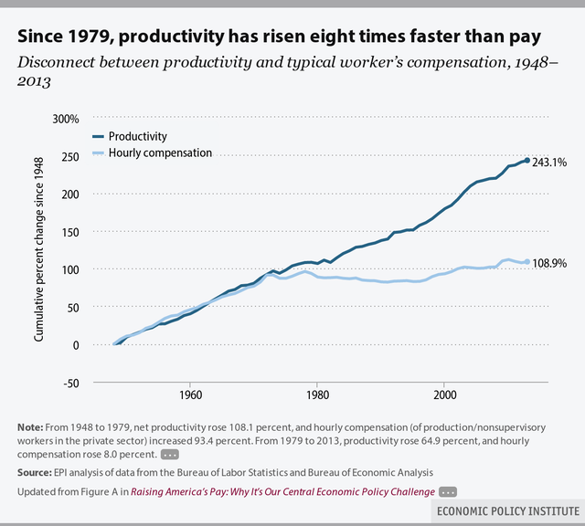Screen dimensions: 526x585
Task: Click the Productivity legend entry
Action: [137, 136]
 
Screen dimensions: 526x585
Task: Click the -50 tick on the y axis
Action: [70, 382]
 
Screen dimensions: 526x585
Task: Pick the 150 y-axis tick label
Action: [71, 232]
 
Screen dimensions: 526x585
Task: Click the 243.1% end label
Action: [549, 163]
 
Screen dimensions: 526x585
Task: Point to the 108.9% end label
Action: [549, 262]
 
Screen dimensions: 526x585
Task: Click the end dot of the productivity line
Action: [527, 161]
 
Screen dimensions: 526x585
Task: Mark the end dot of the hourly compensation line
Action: [527, 262]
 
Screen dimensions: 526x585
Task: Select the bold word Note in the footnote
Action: [29, 428]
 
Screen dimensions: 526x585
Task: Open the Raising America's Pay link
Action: [282, 491]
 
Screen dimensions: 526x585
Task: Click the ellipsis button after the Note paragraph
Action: [169, 454]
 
